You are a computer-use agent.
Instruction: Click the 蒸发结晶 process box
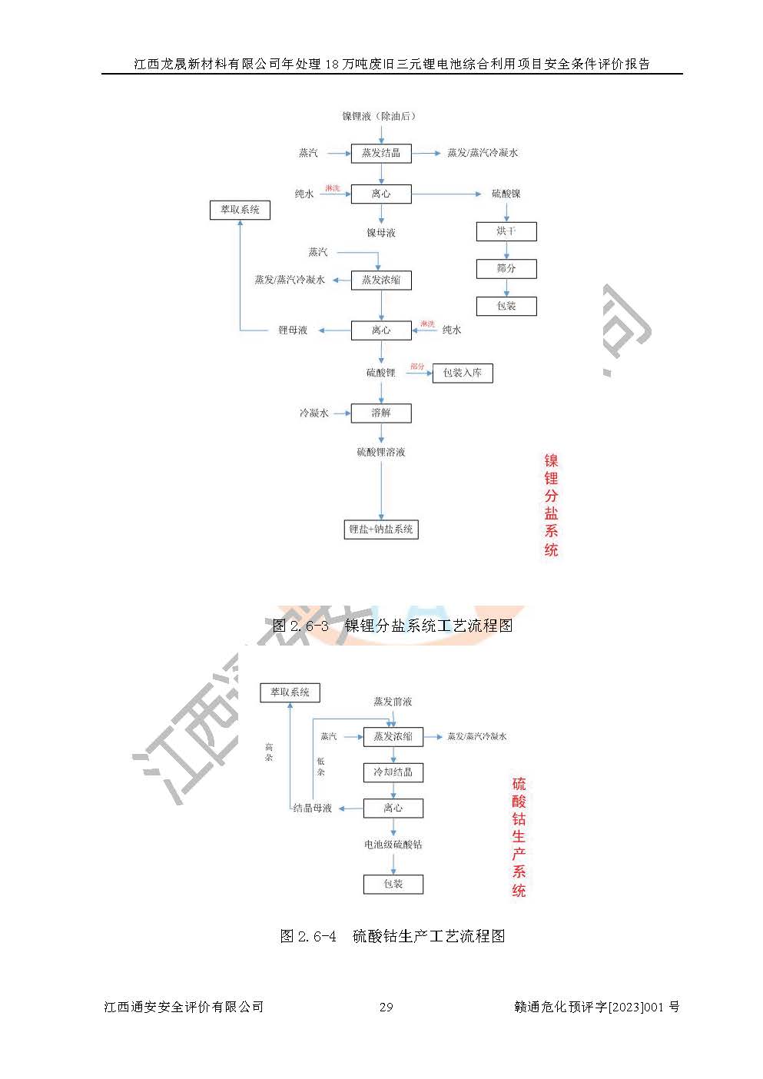[381, 153]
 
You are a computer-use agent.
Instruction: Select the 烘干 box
[506, 231]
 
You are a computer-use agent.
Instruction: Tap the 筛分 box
[506, 269]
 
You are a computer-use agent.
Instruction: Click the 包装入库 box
[463, 373]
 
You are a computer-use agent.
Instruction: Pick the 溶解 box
[381, 413]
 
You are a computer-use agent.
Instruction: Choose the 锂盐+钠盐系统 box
[381, 530]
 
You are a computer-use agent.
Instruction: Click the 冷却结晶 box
[393, 772]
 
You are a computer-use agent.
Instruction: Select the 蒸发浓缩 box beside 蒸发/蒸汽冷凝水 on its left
[381, 281]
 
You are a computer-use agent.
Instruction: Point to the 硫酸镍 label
[506, 194]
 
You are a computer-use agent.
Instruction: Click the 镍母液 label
[381, 233]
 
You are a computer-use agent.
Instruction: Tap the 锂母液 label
[293, 330]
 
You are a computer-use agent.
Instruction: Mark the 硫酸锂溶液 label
[381, 453]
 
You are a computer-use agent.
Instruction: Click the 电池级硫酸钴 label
[393, 845]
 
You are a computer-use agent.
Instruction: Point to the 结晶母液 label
[313, 808]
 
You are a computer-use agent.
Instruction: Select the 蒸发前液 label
[393, 702]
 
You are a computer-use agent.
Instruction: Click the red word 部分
[417, 367]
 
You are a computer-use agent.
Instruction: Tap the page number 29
[386, 1007]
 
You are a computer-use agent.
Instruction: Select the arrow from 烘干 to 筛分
[506, 250]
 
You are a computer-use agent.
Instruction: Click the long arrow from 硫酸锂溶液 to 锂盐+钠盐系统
[381, 489]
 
